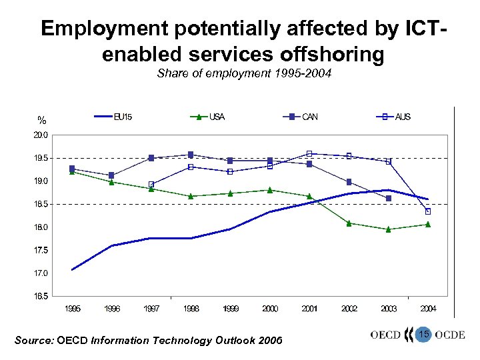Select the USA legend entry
tap(208, 117)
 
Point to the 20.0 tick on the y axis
tap(41, 135)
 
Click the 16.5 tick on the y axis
tap(41, 297)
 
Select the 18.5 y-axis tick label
tap(41, 204)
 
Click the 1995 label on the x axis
tap(72, 309)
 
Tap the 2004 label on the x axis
tap(428, 309)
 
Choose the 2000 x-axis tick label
tap(269, 309)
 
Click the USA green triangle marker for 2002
tap(349, 223)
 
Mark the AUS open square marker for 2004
tap(428, 211)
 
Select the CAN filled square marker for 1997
tap(151, 158)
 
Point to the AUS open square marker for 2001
tap(309, 153)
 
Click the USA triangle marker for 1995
tap(72, 172)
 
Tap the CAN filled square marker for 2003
tap(389, 198)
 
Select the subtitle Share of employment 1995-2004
tap(244, 74)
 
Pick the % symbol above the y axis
tap(42, 121)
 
